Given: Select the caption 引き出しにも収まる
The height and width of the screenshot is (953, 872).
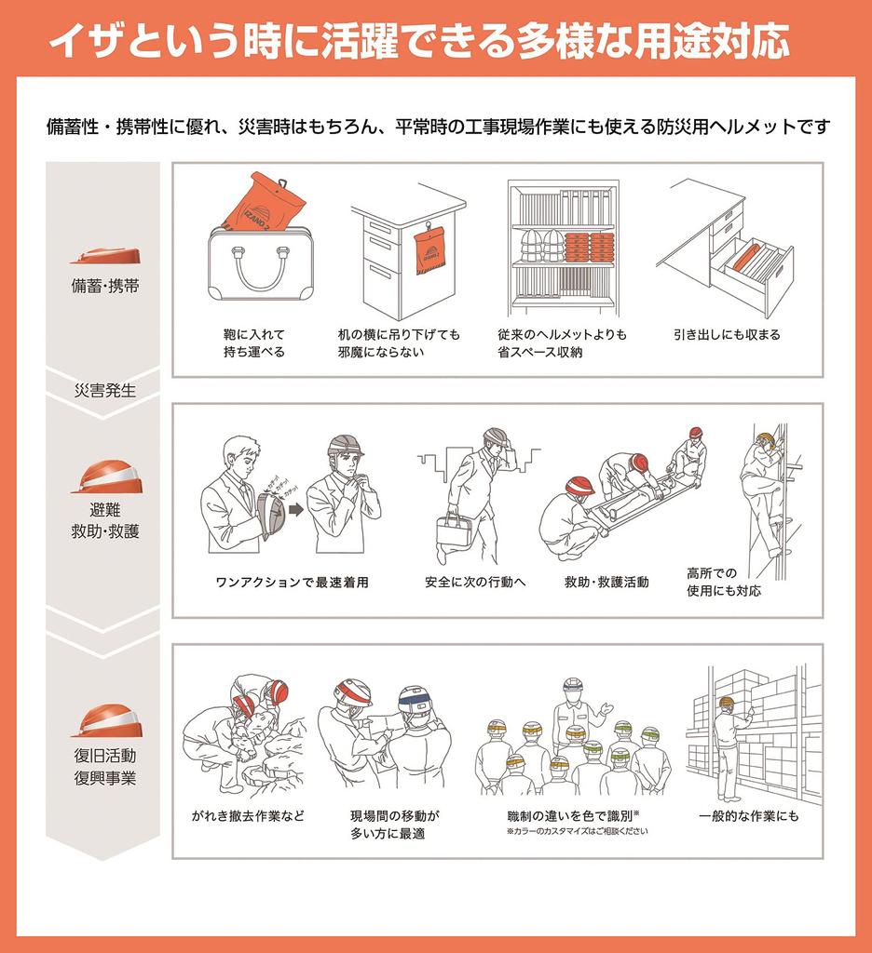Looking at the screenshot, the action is [727, 334].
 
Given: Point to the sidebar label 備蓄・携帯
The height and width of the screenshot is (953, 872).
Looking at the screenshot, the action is [105, 286].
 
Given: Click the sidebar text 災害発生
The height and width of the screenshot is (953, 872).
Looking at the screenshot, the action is [104, 390].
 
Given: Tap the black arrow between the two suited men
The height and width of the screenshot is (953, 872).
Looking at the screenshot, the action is [295, 509].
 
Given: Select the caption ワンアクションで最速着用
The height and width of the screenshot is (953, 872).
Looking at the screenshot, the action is [293, 583].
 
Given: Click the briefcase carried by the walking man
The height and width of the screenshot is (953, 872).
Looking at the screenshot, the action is [455, 530].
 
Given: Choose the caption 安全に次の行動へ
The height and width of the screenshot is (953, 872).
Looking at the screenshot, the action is [475, 583].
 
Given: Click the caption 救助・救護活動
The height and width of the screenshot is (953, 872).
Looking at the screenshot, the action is [606, 583].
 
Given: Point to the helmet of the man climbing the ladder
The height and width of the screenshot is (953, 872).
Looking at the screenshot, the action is [766, 440].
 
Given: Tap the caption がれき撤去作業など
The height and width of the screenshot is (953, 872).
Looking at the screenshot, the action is [248, 816].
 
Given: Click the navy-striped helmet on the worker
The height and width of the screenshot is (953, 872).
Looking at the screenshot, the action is [416, 700].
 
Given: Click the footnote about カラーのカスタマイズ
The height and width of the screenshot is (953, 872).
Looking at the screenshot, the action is [577, 831].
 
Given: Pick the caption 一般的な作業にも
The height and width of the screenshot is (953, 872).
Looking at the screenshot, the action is [748, 816].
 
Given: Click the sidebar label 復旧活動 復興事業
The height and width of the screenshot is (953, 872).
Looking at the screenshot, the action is [105, 767].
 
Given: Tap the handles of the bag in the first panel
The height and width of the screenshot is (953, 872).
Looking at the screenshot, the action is [260, 265].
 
